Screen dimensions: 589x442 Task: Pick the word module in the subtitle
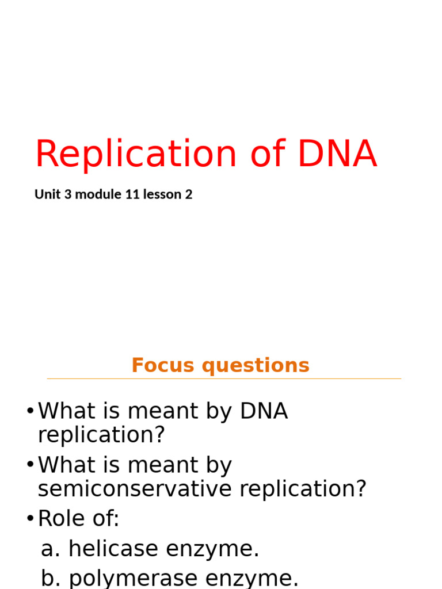coord(98,194)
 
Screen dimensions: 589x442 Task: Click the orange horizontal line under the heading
coord(224,378)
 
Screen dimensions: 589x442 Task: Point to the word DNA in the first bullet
coord(264,412)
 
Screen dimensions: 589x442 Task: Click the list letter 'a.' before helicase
coord(51,550)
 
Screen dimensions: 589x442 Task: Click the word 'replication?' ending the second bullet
coord(303,489)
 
